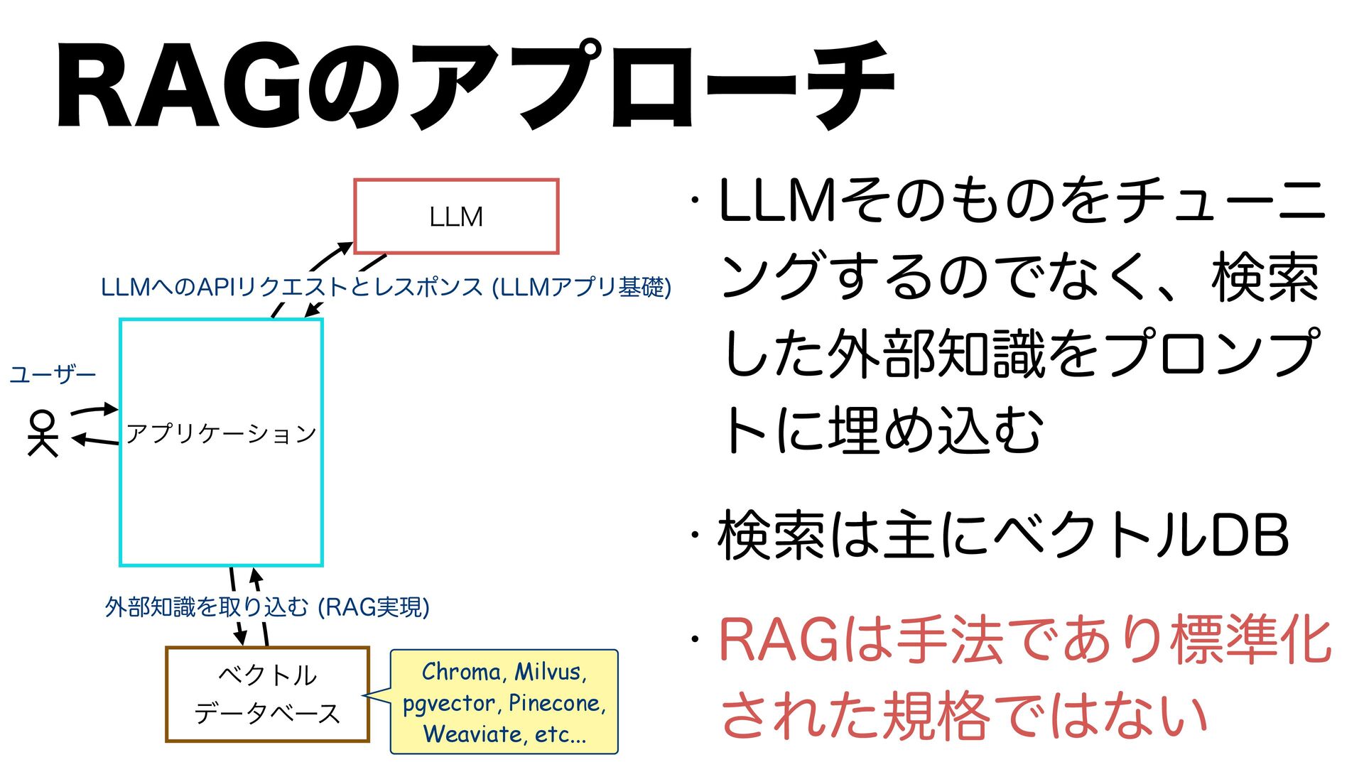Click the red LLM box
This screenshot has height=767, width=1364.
tap(456, 217)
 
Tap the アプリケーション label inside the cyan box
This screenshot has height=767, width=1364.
tap(221, 433)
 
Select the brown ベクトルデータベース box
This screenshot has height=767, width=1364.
tap(267, 694)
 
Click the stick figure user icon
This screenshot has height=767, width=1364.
tap(42, 433)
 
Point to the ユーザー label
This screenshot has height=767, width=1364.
tap(53, 374)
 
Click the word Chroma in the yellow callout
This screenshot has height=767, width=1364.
tap(460, 672)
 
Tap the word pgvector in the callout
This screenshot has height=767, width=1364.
tap(448, 703)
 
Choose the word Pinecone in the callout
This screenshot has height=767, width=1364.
tap(556, 703)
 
